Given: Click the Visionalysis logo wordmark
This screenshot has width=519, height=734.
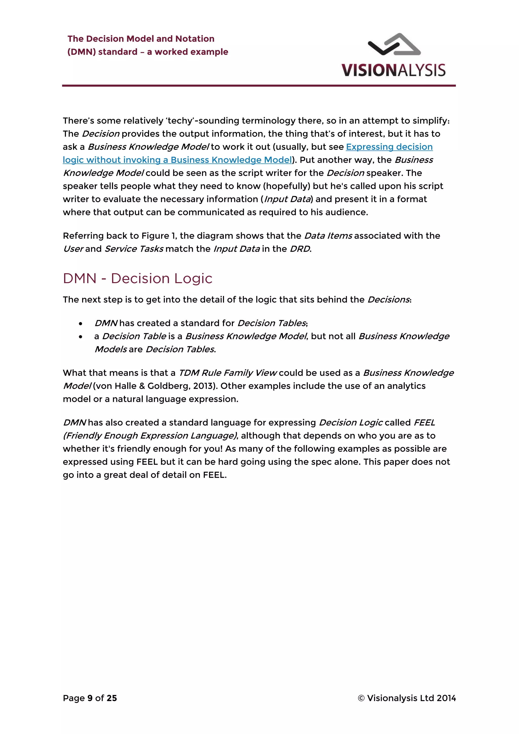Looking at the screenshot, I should tap(393, 70).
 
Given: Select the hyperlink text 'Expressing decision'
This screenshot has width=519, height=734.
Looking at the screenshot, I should tap(389, 147).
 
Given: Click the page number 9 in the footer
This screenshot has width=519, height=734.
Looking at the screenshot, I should tap(90, 698).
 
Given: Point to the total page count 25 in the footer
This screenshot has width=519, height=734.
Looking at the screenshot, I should tap(112, 698).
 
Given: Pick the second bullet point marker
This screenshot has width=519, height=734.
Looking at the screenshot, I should tap(81, 337).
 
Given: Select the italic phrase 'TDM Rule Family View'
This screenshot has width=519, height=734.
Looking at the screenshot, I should tap(227, 373).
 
